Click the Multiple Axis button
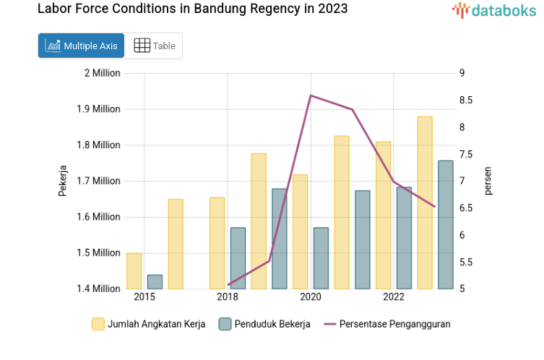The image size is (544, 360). tap(81, 46)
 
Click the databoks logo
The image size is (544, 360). tap(494, 10)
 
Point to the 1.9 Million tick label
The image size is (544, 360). tap(99, 109)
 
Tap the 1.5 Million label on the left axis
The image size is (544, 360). tap(99, 253)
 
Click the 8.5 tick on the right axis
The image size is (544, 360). tap(467, 100)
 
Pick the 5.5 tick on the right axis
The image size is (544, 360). tap(467, 262)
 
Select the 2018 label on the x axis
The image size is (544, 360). tap(228, 297)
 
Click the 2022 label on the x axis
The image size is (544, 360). tap(394, 297)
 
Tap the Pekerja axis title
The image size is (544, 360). tap(63, 181)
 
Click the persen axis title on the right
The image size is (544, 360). tap(488, 181)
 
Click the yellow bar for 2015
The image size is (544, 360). tap(134, 271)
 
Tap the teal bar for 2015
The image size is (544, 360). tap(155, 282)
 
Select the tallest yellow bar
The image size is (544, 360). tap(425, 202)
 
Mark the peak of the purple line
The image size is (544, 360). tap(311, 95)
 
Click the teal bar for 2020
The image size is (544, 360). tap(321, 258)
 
